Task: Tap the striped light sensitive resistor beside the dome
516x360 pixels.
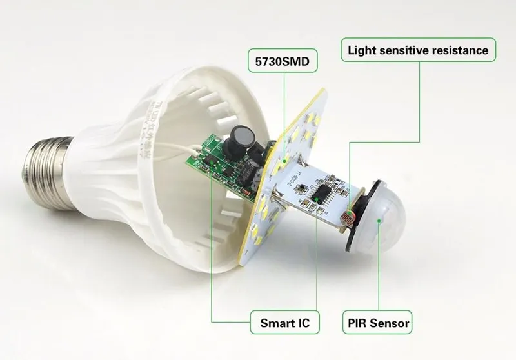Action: tap(349, 212)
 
